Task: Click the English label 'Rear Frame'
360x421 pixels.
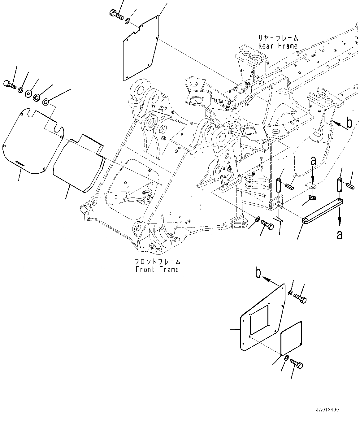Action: click(278, 46)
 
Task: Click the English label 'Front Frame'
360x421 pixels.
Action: click(157, 270)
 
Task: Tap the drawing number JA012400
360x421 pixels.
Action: click(327, 410)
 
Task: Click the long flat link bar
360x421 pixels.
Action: click(322, 210)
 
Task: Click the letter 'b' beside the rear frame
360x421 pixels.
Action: click(349, 123)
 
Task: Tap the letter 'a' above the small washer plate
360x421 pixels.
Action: click(313, 161)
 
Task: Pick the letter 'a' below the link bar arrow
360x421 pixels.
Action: click(340, 235)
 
